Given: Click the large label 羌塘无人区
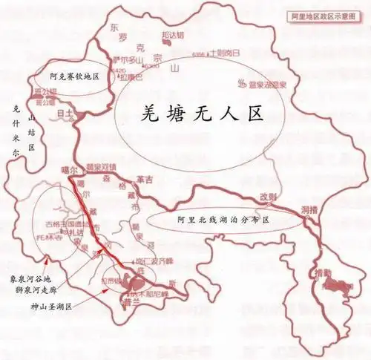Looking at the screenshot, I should point(203,113).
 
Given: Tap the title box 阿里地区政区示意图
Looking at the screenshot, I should point(324,14).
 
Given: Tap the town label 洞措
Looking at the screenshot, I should point(309,211).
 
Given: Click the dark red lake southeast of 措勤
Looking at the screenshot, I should point(341,285).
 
